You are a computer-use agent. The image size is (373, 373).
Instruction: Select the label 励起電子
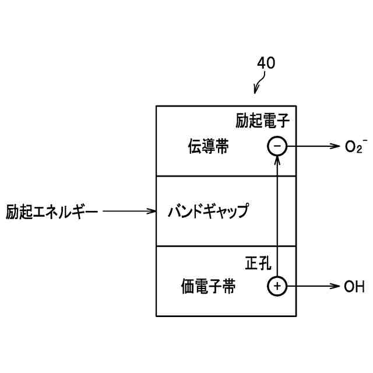[263, 121]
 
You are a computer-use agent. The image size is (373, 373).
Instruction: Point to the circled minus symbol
[277, 146]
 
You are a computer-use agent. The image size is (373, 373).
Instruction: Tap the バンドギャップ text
[208, 210]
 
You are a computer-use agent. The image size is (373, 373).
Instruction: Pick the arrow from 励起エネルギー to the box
[130, 210]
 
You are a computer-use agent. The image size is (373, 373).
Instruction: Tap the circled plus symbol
[277, 286]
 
